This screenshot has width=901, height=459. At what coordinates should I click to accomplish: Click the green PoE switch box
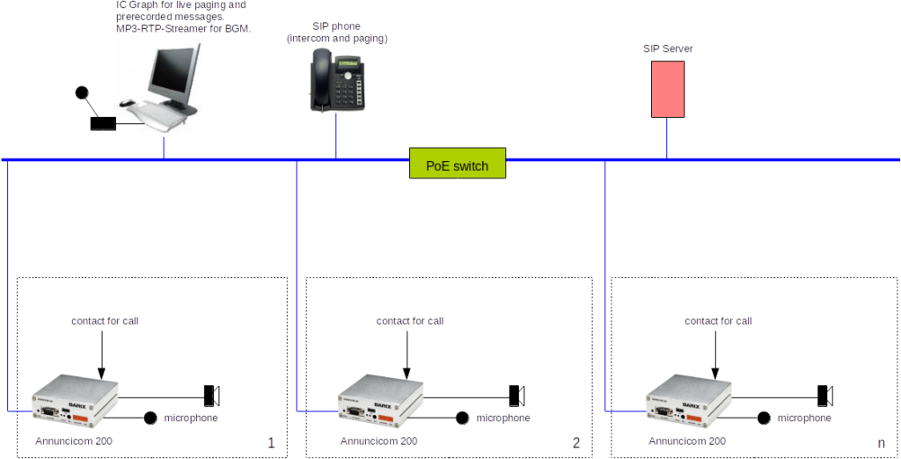[x=458, y=164]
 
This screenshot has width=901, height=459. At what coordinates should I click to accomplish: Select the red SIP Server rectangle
[x=667, y=89]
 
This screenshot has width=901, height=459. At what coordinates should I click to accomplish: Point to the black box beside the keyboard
[x=102, y=124]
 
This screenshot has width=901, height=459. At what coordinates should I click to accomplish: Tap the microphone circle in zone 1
[x=150, y=418]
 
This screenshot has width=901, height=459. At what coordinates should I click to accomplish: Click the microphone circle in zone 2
[x=462, y=418]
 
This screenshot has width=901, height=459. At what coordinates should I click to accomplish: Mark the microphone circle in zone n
[x=764, y=418]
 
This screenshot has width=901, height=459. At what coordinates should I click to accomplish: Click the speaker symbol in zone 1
[x=212, y=391]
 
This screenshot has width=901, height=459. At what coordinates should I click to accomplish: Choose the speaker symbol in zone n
[x=824, y=391]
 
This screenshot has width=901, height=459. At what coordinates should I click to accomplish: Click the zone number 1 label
[x=271, y=443]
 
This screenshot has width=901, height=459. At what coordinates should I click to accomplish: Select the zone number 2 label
[x=576, y=443]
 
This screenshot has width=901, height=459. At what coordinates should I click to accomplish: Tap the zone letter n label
[x=881, y=443]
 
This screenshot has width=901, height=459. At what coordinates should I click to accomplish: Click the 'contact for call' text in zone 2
[x=410, y=321]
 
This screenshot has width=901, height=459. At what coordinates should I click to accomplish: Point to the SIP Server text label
[x=668, y=48]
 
